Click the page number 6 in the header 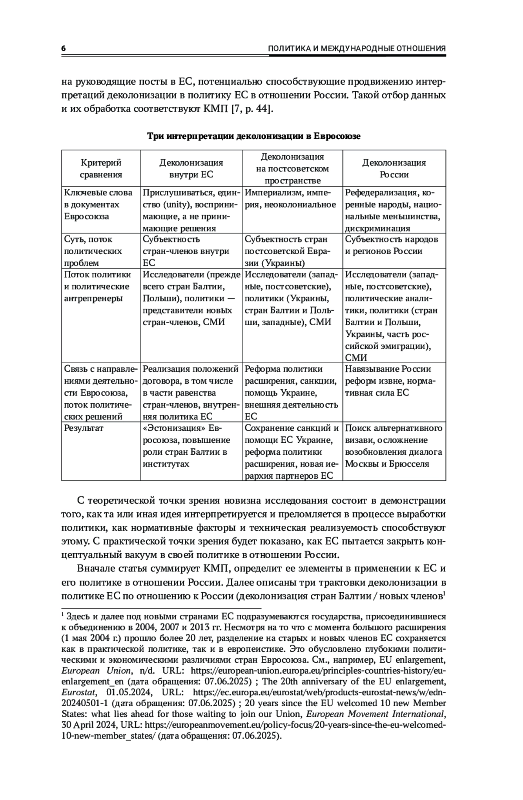[x=64, y=49]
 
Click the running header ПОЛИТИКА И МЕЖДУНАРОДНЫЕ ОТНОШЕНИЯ [x=357, y=49]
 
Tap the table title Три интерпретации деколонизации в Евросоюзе [x=254, y=136]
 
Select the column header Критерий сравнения [x=101, y=168]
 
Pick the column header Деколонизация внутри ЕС [x=191, y=168]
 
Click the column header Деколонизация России [x=394, y=168]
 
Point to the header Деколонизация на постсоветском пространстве [x=292, y=168]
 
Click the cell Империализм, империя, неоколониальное [x=290, y=199]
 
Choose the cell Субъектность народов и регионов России [x=391, y=245]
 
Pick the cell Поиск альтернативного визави [x=394, y=446]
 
